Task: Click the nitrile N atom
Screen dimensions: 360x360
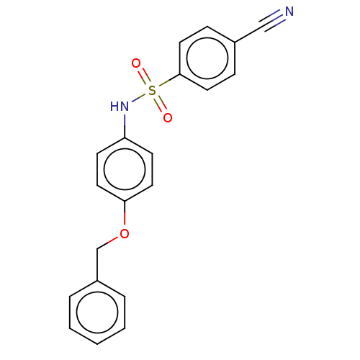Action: click(x=289, y=12)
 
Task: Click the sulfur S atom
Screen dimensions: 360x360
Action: click(x=152, y=90)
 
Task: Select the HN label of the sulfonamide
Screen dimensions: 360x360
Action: click(x=120, y=106)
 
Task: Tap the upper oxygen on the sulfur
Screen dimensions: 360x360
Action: click(x=136, y=63)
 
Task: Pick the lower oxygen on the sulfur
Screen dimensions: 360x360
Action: click(x=168, y=117)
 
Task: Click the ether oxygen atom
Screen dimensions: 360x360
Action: click(x=125, y=233)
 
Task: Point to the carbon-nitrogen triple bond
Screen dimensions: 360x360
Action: click(x=271, y=21)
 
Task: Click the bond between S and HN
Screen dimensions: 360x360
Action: click(x=139, y=98)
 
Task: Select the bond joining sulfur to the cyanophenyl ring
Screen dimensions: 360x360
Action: click(x=169, y=81)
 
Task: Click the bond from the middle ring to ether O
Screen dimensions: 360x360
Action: click(x=125, y=212)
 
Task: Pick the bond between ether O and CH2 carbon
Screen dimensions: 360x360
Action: click(x=107, y=243)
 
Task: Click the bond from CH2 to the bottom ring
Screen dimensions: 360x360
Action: click(x=97, y=265)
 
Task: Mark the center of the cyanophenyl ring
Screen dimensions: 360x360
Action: click(x=207, y=58)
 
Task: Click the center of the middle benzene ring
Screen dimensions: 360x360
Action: click(x=125, y=169)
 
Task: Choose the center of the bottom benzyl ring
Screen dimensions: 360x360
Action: click(x=97, y=312)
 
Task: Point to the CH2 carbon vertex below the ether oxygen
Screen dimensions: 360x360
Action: click(x=97, y=249)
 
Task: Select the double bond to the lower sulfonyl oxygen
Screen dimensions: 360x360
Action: click(x=160, y=104)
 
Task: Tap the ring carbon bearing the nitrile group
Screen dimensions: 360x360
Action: click(x=235, y=42)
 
